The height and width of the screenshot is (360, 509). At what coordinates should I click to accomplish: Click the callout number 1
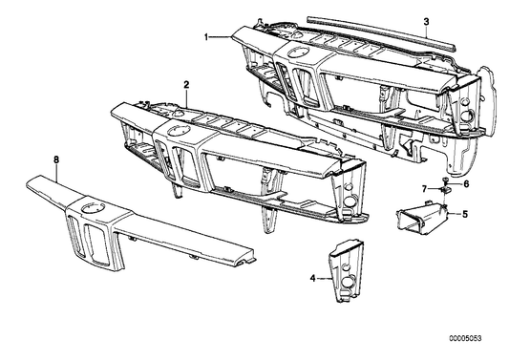coord(206,37)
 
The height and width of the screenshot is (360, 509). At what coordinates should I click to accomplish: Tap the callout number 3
coord(426,22)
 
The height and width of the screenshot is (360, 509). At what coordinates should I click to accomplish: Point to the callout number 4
coord(313,278)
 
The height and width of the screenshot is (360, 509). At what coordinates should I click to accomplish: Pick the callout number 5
coord(465,214)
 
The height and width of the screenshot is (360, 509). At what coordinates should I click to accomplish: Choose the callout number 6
coord(466,184)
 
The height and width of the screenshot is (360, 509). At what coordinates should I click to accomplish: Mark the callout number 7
coord(424,188)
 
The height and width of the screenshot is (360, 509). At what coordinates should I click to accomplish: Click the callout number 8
coord(56,159)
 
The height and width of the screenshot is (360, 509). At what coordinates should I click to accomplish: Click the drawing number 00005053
coord(465,339)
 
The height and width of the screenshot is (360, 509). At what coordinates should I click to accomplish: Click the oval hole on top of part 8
coord(94,208)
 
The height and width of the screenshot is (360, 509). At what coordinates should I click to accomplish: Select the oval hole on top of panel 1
coord(298,52)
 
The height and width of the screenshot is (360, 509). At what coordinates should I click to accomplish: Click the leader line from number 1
coord(221,37)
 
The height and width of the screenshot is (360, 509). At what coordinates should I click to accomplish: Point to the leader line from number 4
coord(324,279)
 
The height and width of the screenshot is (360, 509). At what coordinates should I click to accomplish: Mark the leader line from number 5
coord(455,214)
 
